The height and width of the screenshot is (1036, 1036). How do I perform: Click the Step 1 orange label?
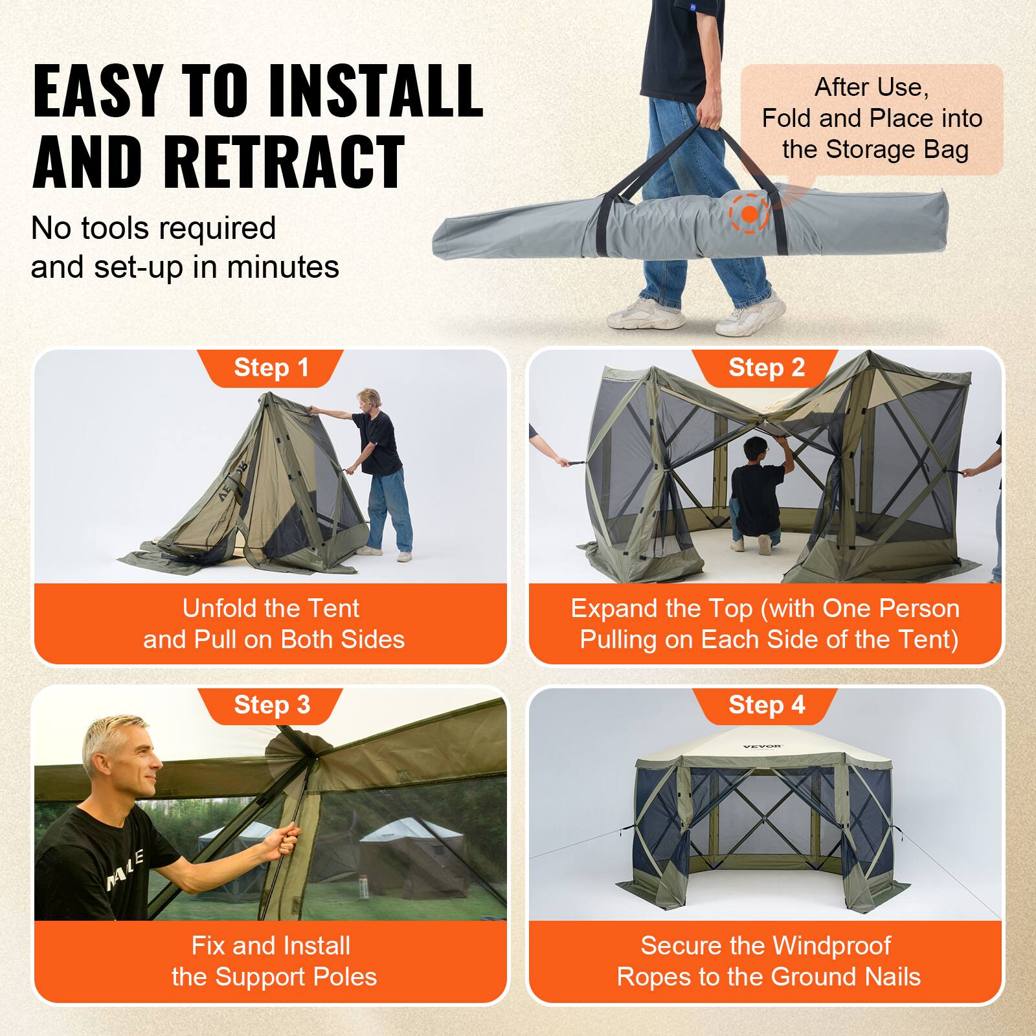pyautogui.click(x=271, y=368)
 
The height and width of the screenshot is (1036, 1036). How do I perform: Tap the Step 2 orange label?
pyautogui.click(x=766, y=368)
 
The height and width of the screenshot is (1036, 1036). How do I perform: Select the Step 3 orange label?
pyautogui.click(x=271, y=705)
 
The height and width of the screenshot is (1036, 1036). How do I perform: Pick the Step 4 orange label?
pyautogui.click(x=766, y=705)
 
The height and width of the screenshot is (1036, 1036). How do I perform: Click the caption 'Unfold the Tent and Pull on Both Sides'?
pyautogui.click(x=273, y=624)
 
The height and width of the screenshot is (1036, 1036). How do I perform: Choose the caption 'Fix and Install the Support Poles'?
pyautogui.click(x=273, y=961)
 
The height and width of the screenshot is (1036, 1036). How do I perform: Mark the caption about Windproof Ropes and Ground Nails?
pyautogui.click(x=767, y=961)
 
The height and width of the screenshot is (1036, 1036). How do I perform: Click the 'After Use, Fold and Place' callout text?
pyautogui.click(x=872, y=118)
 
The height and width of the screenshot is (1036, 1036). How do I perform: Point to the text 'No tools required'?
pyautogui.click(x=153, y=228)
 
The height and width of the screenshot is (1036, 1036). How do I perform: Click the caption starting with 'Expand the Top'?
pyautogui.click(x=767, y=624)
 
